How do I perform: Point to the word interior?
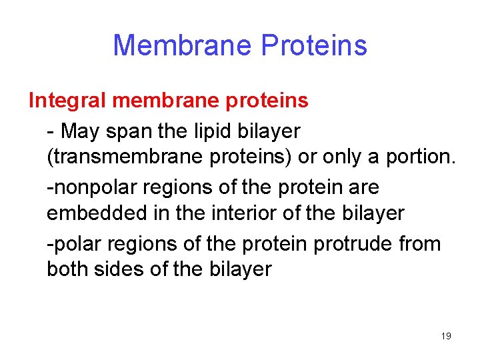point(243,213)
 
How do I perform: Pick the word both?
point(67,269)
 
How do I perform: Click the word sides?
point(120,269)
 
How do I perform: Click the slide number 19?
point(446,337)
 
